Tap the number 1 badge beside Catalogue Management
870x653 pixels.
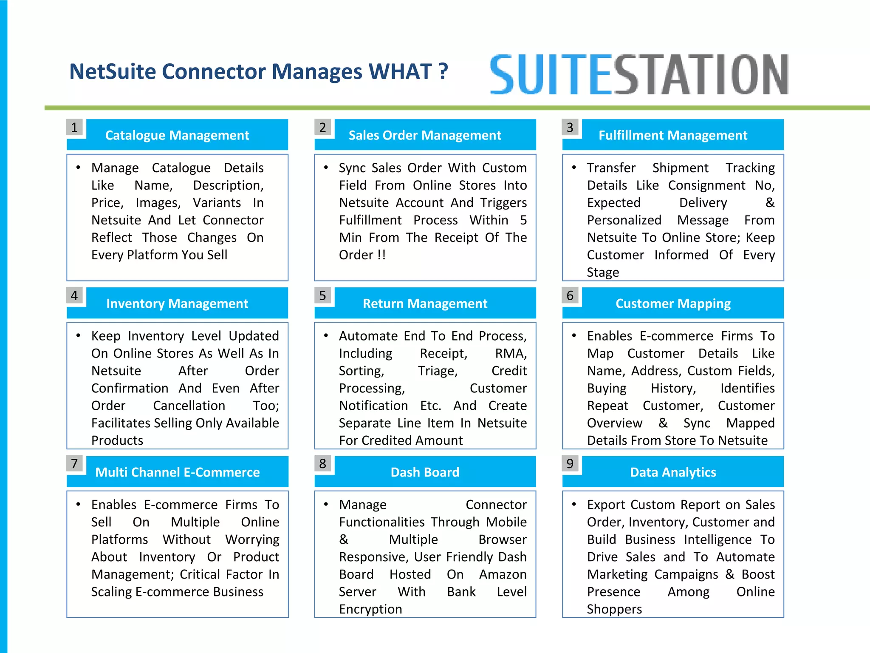(x=75, y=128)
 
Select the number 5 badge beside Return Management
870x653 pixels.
(x=323, y=295)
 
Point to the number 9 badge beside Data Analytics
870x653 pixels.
(x=570, y=463)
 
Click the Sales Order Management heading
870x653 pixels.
(x=425, y=135)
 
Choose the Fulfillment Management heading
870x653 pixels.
(x=672, y=135)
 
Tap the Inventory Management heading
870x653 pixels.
(x=177, y=304)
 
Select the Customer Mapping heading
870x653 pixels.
(x=673, y=304)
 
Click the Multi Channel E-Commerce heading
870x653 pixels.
(x=177, y=472)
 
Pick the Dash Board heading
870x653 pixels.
(x=425, y=472)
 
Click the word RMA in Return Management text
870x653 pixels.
(x=510, y=353)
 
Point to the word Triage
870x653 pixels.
(x=438, y=371)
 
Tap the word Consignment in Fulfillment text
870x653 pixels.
(x=706, y=185)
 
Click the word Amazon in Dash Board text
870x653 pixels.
(x=503, y=574)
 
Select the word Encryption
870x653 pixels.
(x=370, y=609)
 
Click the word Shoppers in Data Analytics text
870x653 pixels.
(x=614, y=609)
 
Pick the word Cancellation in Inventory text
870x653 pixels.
(x=189, y=406)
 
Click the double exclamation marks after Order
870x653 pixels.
(x=381, y=255)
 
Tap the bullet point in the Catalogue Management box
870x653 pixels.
(x=78, y=168)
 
